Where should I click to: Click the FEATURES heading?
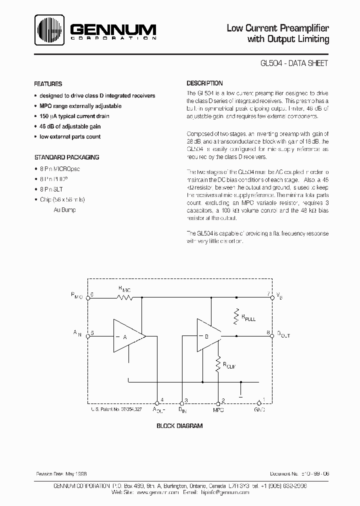coord(48,84)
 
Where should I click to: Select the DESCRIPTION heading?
coord(205,83)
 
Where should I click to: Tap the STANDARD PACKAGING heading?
coord(66,157)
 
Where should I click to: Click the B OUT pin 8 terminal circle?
coord(272,336)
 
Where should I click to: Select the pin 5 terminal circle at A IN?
coord(88,336)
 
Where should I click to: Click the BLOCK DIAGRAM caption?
coord(179,426)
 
